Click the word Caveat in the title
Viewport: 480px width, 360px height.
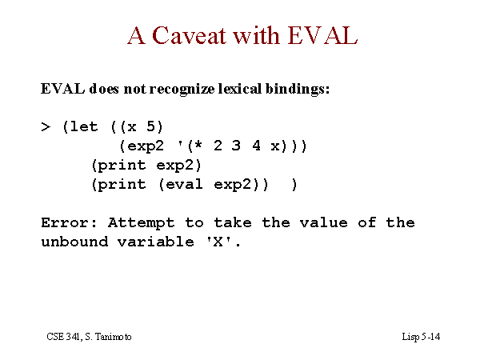coord(189,35)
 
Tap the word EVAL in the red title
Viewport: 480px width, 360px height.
coord(322,35)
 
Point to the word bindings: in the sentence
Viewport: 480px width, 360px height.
coord(298,90)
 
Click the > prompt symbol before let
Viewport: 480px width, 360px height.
coord(46,126)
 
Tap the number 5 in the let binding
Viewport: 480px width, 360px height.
coord(150,126)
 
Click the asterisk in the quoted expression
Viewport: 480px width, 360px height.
coord(198,145)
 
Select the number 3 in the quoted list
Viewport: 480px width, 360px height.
coord(236,146)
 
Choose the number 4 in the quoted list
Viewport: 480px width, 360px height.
coord(256,146)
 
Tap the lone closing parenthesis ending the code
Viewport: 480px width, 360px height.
coord(294,185)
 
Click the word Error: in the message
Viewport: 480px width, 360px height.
coord(69,222)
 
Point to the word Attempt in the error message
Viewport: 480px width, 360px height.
coord(141,223)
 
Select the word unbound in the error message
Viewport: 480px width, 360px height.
coord(74,242)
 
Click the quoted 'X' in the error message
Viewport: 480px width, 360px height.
coord(218,242)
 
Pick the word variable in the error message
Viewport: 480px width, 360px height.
coord(156,242)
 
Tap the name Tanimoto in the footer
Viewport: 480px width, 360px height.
coord(113,337)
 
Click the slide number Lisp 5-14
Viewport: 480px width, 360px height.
coord(421,337)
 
